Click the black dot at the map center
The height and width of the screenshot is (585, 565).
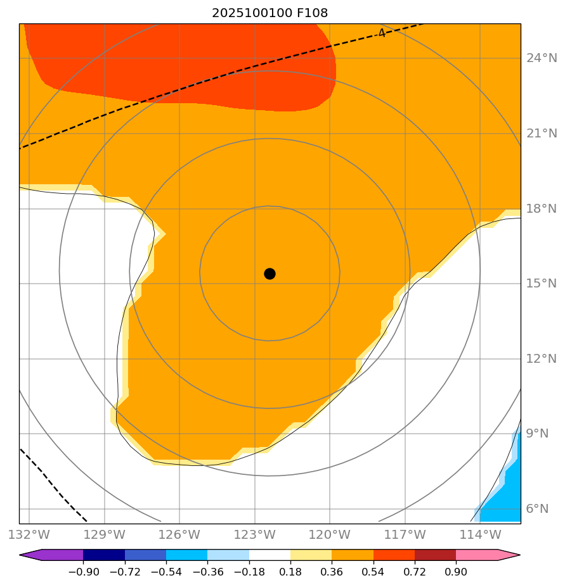coord(270,274)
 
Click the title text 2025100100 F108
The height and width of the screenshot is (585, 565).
coord(270,13)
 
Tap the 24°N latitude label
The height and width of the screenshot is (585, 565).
coord(542,59)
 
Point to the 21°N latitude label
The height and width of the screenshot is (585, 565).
coord(542,134)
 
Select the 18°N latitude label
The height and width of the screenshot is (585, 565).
coord(542,209)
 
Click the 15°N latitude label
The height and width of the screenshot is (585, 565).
coord(542,284)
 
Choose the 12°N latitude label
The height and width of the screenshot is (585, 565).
coord(542,359)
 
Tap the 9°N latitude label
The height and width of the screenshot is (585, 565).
coord(538,434)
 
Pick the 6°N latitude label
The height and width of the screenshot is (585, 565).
coord(538,509)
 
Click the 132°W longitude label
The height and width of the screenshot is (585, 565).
coord(29,534)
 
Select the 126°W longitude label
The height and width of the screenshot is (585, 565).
coord(179,534)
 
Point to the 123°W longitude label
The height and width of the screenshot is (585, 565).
coord(255,534)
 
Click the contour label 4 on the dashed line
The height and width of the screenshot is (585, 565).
coord(381,33)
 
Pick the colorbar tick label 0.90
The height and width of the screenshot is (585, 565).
coord(456,572)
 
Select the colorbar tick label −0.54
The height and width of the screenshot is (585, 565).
coord(166,572)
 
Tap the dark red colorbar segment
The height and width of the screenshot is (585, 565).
coord(435,555)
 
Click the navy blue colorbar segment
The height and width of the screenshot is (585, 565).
coord(104,555)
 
